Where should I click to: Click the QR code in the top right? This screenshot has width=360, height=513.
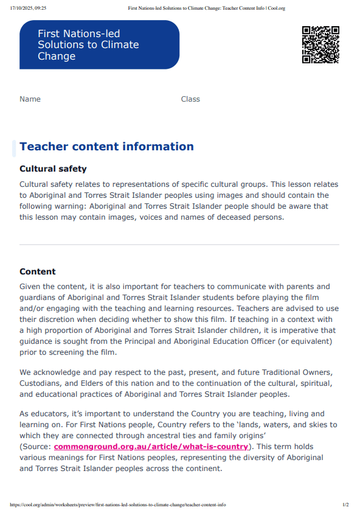click(x=320, y=44)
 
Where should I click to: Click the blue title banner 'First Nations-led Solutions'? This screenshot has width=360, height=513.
click(x=99, y=45)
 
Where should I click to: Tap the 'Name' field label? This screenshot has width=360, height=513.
click(x=30, y=99)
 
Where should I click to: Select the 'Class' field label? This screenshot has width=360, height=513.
click(x=190, y=99)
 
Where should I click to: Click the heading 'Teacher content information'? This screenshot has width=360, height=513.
click(x=106, y=147)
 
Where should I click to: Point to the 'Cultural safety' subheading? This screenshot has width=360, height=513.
click(x=53, y=169)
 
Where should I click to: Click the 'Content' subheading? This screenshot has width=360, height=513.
click(x=38, y=271)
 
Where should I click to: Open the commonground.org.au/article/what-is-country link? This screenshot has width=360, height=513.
click(x=151, y=447)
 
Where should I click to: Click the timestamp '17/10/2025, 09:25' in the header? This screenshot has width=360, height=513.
click(x=29, y=9)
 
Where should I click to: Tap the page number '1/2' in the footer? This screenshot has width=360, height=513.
click(x=345, y=504)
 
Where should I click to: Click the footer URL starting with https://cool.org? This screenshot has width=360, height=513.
click(x=118, y=504)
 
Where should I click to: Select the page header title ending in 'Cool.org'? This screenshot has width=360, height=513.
click(x=207, y=9)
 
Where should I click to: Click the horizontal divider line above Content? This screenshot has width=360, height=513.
click(x=179, y=245)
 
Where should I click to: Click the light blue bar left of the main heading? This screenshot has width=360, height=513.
click(x=14, y=148)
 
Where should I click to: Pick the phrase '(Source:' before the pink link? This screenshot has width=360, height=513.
click(x=35, y=447)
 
